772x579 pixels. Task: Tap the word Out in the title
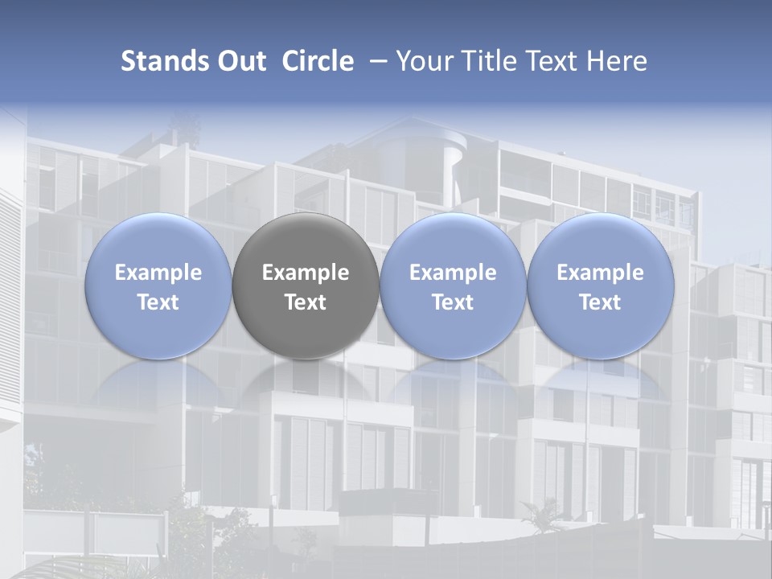coord(240,61)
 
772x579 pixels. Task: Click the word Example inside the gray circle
coord(306,273)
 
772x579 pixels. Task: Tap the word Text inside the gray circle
coord(306,302)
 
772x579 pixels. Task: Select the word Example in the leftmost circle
coord(158,273)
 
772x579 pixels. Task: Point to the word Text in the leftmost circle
coord(158,302)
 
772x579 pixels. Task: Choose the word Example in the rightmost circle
coord(601,273)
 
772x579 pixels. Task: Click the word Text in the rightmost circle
coord(601,302)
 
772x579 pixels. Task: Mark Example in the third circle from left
coord(453,273)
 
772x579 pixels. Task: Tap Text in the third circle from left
coord(453,302)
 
